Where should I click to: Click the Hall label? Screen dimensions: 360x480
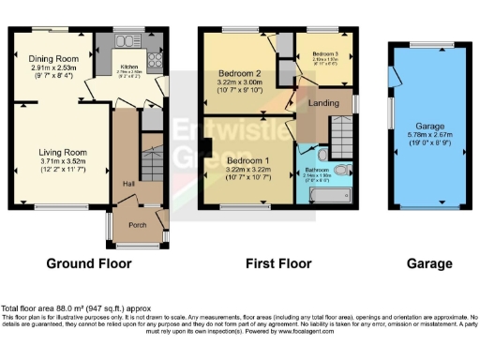(x=127, y=184)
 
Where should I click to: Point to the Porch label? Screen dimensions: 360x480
(x=138, y=225)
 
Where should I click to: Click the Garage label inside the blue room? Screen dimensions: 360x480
(x=424, y=126)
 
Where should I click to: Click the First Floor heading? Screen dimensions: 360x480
(x=278, y=265)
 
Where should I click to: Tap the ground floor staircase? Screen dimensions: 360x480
(x=150, y=163)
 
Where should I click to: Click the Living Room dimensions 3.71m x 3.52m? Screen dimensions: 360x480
(x=63, y=162)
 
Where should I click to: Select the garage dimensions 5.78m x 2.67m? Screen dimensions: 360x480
(x=424, y=136)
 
